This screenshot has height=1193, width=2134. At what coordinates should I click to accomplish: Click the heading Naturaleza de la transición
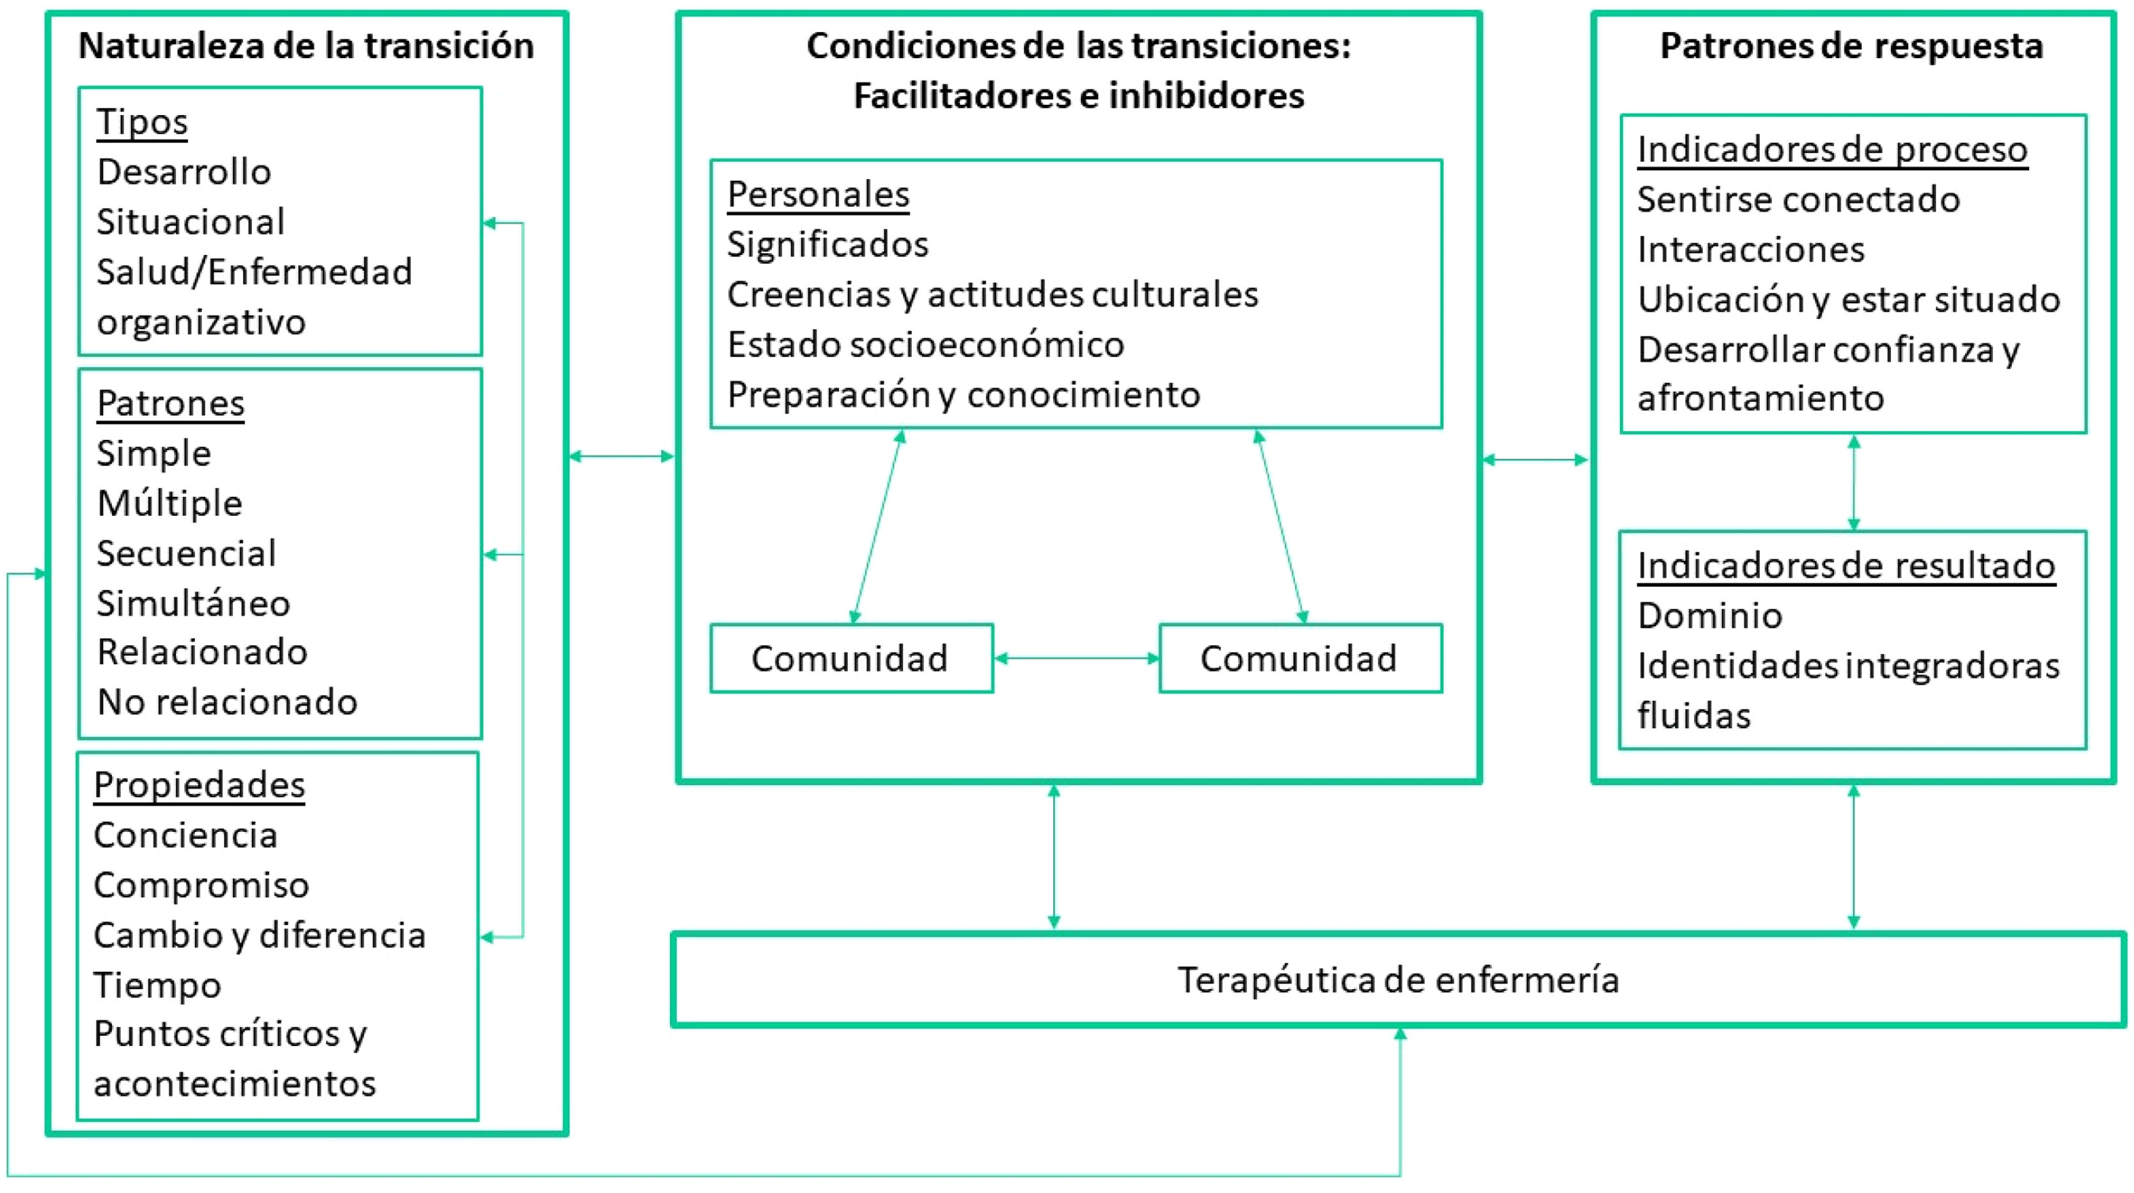point(306,45)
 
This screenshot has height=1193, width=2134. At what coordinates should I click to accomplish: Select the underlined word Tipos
point(142,121)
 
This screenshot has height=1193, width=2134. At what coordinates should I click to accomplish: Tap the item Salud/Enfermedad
point(253,272)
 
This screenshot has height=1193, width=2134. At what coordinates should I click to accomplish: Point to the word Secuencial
point(185,554)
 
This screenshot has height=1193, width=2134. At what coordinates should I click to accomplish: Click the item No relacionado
point(227,703)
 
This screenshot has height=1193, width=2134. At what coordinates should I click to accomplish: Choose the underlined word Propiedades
point(199,785)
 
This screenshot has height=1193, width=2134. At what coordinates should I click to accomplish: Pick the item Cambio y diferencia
point(259,935)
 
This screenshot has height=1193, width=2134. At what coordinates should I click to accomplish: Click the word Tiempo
point(157,985)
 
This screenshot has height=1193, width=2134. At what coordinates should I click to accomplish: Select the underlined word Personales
point(818,195)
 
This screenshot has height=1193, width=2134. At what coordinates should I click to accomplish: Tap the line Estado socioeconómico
point(925,345)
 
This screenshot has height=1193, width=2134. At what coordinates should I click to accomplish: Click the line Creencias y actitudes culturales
point(992,295)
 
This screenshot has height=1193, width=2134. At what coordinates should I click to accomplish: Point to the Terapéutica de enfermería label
point(1399,980)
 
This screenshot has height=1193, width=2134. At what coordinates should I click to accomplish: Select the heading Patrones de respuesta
point(1851,45)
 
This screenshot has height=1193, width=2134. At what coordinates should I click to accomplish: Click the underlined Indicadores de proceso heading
point(1832,150)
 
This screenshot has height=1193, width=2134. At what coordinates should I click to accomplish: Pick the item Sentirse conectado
point(1798,199)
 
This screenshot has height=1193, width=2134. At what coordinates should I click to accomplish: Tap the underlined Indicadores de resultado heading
point(1846,566)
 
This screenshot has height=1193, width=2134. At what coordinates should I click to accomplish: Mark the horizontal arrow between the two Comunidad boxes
point(1076,659)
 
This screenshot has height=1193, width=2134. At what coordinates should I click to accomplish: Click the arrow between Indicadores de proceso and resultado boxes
point(1854,482)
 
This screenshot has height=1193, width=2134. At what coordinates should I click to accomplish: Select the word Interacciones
point(1750,249)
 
